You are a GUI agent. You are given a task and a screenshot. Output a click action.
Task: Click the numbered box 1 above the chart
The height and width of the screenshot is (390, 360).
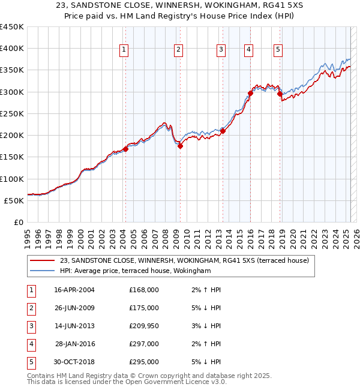coord(124,50)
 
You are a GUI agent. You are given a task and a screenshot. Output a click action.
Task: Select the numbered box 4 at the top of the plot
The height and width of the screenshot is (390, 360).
coord(248,50)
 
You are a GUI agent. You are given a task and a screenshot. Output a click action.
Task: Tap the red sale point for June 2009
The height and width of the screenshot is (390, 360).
coord(180,146)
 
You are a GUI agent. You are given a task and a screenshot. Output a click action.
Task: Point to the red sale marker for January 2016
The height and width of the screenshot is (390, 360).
coord(250,93)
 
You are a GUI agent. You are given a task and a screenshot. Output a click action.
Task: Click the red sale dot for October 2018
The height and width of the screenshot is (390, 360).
coord(280,94)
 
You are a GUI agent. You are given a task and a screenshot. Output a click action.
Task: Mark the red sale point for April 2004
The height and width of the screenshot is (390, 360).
coord(125,149)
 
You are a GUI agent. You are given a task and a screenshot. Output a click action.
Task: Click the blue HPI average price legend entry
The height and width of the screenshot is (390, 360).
coord(135,271)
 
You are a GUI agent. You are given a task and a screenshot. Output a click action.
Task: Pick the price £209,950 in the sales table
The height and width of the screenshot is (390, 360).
coord(144,326)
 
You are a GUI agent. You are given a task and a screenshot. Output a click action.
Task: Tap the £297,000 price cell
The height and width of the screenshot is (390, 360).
coord(144,344)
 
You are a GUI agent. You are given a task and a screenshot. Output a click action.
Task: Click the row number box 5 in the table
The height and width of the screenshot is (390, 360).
coord(30,362)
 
